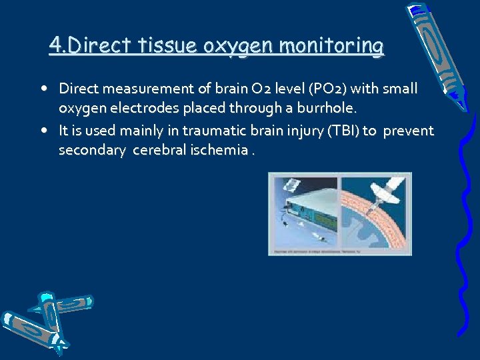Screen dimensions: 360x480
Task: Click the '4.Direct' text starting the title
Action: [x=89, y=46]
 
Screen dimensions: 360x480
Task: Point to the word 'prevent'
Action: [x=407, y=130]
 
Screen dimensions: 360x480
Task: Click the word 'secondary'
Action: [x=92, y=151]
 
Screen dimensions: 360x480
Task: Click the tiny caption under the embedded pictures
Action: [x=339, y=251]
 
